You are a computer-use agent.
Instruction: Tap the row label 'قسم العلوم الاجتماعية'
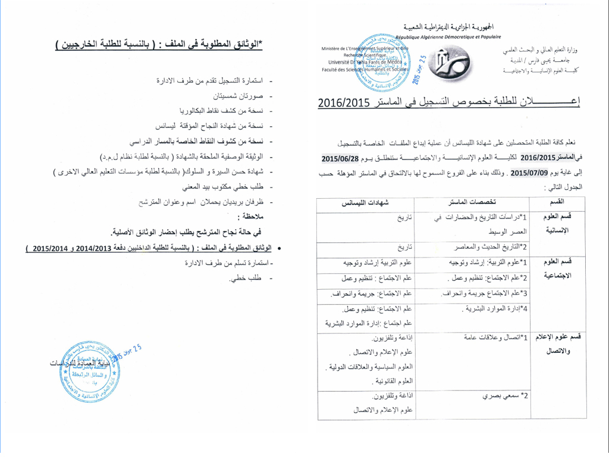pos(558,269)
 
